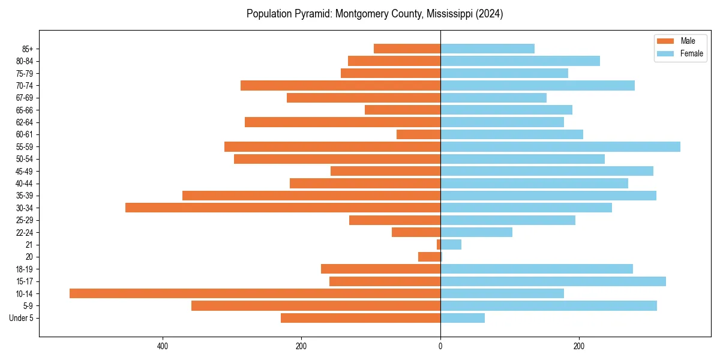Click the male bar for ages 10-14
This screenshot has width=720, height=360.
[x=255, y=293]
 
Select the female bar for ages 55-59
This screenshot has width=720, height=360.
[x=560, y=146]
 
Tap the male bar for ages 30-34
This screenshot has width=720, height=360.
[x=283, y=208]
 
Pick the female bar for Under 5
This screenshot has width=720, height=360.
[x=463, y=318]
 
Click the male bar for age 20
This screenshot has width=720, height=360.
[x=429, y=257]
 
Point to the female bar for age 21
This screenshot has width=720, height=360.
[x=451, y=244]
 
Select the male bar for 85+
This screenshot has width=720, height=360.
[x=407, y=49]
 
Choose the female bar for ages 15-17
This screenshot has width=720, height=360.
[x=553, y=281]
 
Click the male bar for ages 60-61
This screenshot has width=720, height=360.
[x=418, y=134]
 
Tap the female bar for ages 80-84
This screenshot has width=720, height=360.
[x=520, y=61]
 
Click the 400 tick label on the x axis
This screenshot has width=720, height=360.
[x=162, y=346]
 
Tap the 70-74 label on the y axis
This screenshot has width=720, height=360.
[x=24, y=85]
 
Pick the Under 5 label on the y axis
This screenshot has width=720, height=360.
[x=21, y=318]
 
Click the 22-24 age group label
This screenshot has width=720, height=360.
[x=24, y=232]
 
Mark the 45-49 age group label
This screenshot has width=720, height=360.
[x=24, y=171]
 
